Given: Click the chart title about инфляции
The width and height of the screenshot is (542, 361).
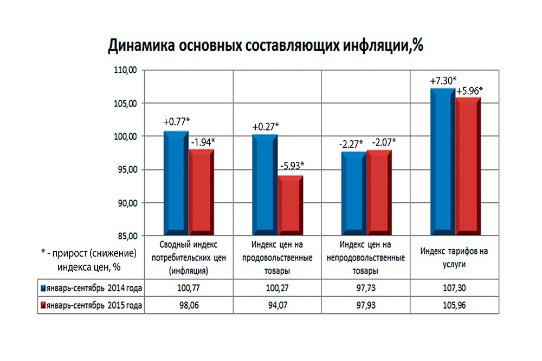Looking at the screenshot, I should [x=266, y=45].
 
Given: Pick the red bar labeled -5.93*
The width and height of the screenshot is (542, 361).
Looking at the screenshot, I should [x=291, y=205].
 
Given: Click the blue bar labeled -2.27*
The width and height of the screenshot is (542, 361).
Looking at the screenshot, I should [x=353, y=193].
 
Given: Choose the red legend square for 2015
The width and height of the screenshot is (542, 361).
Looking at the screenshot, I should [x=42, y=306].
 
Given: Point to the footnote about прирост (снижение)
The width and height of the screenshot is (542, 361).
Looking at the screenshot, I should [x=88, y=259].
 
